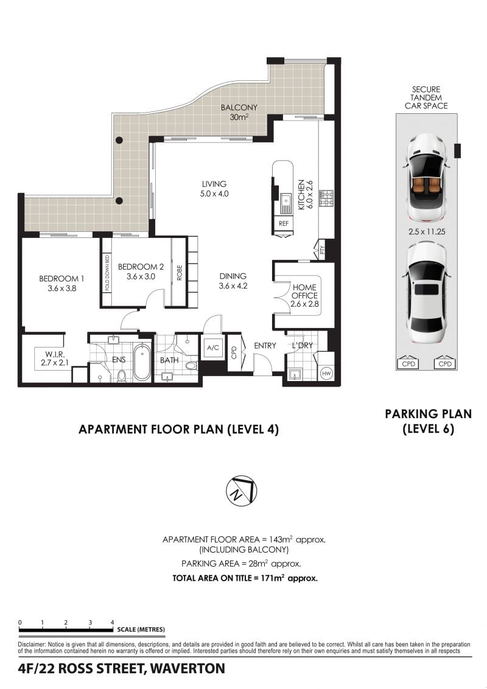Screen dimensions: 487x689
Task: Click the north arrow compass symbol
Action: [241, 492]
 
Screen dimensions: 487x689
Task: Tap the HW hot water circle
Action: [326, 374]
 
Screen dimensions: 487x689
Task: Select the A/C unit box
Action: [213, 348]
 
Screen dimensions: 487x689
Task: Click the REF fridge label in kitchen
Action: [284, 223]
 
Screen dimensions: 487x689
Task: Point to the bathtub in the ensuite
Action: [141, 362]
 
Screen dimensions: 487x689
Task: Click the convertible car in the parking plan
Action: [427, 177]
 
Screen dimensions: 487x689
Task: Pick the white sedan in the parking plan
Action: [427, 293]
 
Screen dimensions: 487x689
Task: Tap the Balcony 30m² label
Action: [239, 112]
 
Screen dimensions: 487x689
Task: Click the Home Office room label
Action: [304, 295]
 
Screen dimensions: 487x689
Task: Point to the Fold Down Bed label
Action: [107, 273]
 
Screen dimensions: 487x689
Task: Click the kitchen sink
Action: [286, 205]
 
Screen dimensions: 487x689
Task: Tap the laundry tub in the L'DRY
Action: [294, 375]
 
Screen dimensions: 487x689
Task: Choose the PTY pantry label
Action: [322, 251]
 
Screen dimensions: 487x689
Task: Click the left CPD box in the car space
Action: [408, 363]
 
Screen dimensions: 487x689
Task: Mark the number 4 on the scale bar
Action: [113, 622]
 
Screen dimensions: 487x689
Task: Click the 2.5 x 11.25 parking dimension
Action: [426, 231]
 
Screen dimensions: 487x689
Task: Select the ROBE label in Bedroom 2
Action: [180, 273]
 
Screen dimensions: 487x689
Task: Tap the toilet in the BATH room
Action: [191, 365]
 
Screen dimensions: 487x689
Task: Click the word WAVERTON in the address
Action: [187, 668]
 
